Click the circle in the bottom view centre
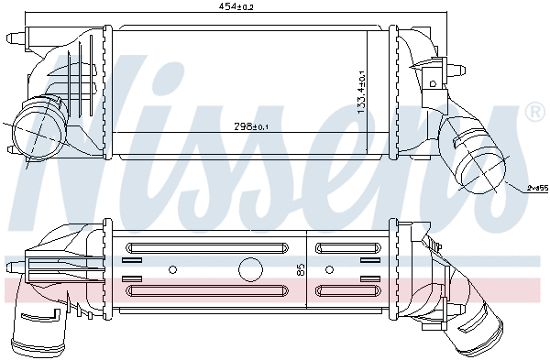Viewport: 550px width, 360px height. click(248, 269)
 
